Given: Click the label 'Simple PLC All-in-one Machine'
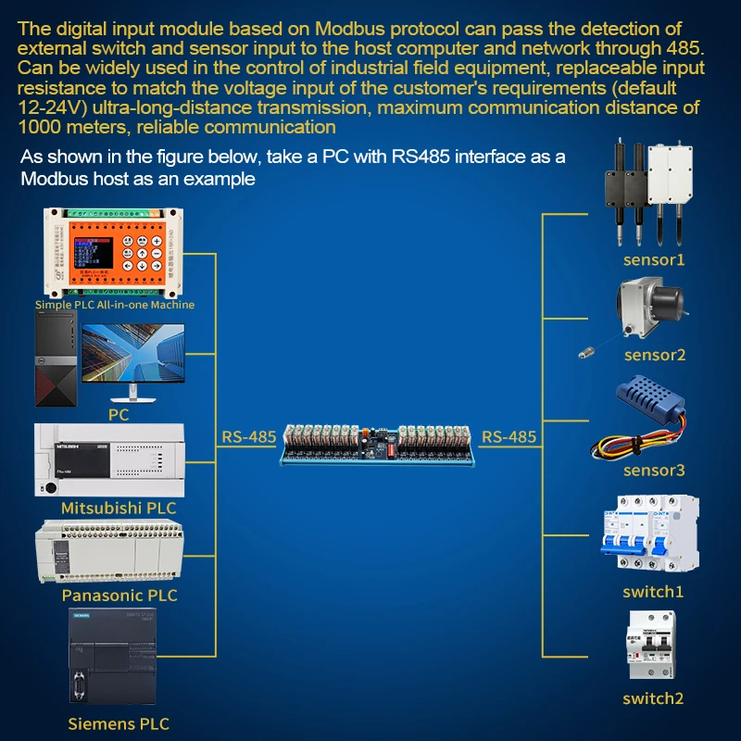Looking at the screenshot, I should pyautogui.click(x=115, y=304).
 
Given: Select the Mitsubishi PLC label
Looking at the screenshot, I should pyautogui.click(x=118, y=508).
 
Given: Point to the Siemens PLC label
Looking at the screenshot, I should pyautogui.click(x=119, y=723).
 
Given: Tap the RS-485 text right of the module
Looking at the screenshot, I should pyautogui.click(x=509, y=436).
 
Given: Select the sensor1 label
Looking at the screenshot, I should pyautogui.click(x=654, y=260).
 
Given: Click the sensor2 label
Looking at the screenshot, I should pyautogui.click(x=654, y=355).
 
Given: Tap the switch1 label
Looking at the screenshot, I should pyautogui.click(x=653, y=592).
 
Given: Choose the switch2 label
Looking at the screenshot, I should pyautogui.click(x=653, y=698).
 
